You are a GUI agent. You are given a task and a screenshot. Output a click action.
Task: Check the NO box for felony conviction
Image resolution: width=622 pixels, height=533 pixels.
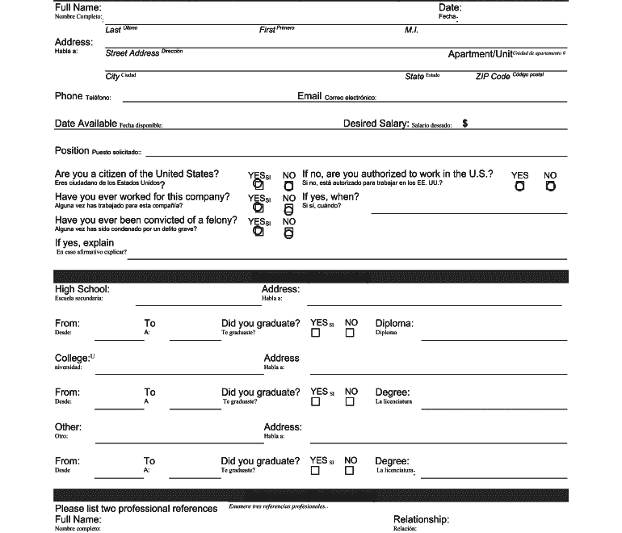289,233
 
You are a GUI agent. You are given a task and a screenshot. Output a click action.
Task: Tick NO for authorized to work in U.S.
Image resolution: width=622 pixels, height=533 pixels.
550,186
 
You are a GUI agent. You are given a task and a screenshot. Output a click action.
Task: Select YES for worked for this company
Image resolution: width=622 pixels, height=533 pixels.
258,209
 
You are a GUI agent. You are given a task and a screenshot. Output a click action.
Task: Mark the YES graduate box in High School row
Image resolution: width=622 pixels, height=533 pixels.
316,333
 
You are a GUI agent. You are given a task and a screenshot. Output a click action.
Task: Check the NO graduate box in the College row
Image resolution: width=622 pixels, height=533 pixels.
350,401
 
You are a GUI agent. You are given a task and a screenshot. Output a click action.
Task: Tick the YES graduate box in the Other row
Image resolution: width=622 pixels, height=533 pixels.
316,470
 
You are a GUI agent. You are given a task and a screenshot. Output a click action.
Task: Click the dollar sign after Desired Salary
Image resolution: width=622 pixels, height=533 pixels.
465,124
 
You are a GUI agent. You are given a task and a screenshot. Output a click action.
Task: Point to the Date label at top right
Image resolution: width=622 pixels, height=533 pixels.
450,7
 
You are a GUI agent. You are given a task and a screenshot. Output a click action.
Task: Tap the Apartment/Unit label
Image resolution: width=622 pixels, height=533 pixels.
481,54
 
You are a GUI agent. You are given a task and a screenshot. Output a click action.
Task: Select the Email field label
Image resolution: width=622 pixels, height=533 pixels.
309,96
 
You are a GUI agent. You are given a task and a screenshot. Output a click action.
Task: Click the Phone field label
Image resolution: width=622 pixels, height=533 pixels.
69,96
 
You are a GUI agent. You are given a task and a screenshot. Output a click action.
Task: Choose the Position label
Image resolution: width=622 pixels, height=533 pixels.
72,151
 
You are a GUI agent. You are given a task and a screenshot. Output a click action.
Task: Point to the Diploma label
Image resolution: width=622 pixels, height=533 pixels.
394,323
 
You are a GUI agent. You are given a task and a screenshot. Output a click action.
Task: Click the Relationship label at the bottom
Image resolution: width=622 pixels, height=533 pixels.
421,519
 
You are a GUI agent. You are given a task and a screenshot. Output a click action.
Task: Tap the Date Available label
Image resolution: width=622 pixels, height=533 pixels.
86,124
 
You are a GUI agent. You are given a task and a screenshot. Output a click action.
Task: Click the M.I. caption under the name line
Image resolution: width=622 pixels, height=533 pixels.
410,30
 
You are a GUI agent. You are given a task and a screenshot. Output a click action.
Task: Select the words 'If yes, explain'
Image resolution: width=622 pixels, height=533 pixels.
84,242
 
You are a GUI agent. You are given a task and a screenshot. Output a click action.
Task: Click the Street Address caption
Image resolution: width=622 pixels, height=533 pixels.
132,53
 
